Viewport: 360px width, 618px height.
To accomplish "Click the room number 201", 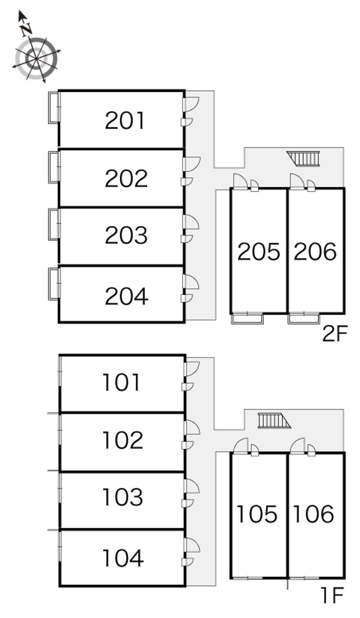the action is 124,120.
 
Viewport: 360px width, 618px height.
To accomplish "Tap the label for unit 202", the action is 126,179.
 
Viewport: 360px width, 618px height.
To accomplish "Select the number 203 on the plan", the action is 126,235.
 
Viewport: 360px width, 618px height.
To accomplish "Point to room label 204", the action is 126,296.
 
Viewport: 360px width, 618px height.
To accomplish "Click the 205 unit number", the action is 258,251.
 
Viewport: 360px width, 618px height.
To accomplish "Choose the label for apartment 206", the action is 315,251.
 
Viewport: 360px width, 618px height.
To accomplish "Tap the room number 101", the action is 121,382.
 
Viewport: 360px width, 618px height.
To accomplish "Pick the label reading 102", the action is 123,440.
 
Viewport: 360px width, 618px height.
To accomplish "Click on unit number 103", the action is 123,497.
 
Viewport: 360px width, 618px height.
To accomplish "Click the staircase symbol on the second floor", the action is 303,158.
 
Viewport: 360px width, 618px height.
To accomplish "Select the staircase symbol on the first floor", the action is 274,420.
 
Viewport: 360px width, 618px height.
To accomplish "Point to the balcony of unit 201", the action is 54,107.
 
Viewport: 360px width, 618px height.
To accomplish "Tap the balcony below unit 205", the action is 247,318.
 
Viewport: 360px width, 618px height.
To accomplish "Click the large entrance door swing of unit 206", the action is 297,181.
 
